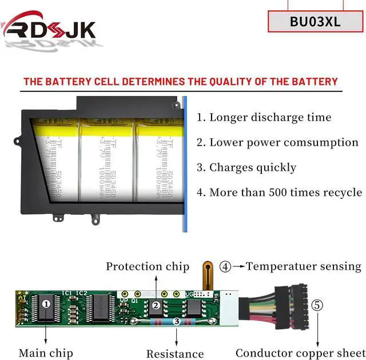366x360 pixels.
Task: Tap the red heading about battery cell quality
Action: click(x=180, y=81)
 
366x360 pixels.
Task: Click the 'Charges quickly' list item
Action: click(x=246, y=167)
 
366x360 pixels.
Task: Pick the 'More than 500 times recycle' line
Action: click(x=279, y=193)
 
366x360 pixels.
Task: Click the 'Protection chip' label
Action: click(x=148, y=266)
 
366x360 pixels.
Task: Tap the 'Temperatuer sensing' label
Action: click(x=304, y=266)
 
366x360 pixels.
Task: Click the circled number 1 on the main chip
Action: click(x=46, y=304)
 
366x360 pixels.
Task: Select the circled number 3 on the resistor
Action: click(x=177, y=322)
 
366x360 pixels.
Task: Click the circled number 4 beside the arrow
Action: click(x=226, y=266)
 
